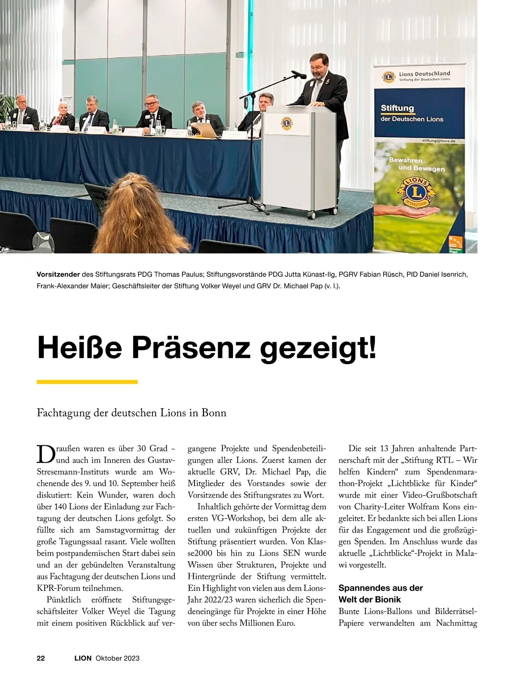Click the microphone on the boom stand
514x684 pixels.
click(299, 74)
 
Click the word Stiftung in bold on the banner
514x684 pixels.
click(397, 108)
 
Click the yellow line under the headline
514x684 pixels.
click(87, 382)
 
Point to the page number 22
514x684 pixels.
click(41, 658)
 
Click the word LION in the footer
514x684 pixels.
click(83, 658)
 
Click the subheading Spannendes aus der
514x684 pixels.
click(380, 588)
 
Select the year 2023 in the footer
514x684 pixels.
click(132, 658)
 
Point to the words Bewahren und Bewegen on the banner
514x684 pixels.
click(410, 164)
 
